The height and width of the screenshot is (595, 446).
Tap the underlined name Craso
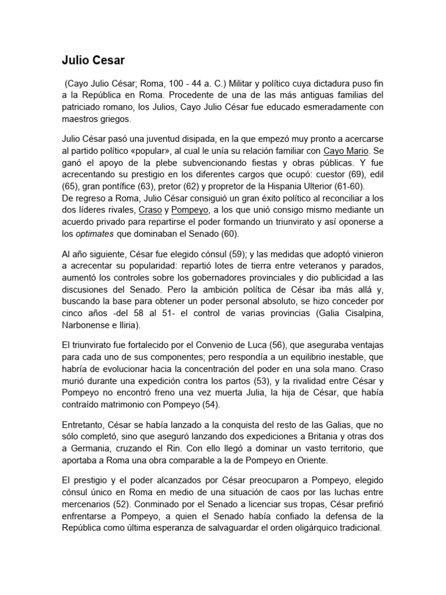(x=150, y=209)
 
